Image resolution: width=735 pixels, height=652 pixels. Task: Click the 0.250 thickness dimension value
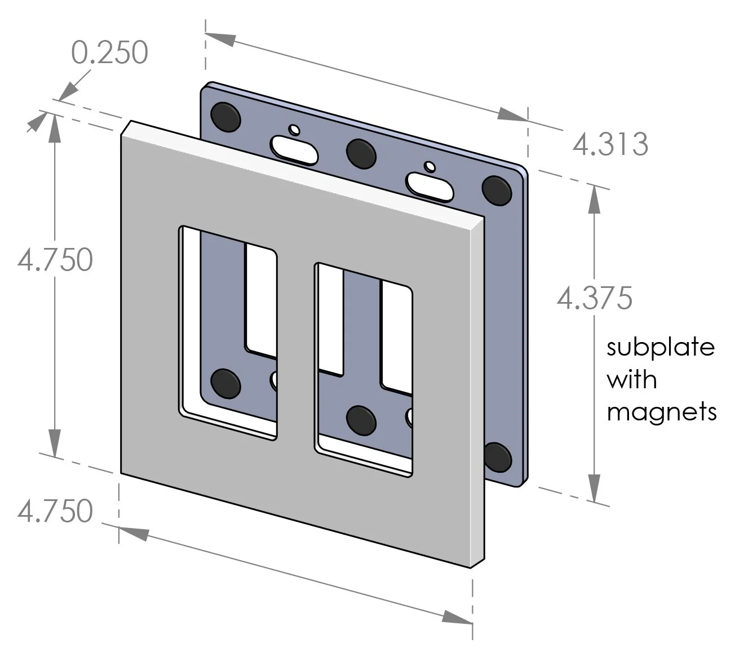point(110,53)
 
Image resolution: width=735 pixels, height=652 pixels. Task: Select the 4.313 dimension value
point(610,145)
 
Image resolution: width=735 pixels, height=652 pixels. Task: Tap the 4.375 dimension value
point(595,298)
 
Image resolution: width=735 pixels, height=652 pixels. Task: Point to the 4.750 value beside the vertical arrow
point(55,260)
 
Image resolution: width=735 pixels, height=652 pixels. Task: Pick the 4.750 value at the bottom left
point(55,512)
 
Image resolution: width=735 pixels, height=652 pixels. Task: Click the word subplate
point(660,347)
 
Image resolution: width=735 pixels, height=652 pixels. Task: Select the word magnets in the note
point(661,413)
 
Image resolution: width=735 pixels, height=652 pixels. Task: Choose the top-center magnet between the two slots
point(361,152)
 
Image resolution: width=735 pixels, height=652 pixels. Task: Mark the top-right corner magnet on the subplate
point(497,189)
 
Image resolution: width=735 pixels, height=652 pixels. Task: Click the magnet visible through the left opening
point(225,383)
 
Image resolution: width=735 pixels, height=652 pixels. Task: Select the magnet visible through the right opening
point(361,419)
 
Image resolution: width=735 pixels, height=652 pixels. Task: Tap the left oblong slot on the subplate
point(294,149)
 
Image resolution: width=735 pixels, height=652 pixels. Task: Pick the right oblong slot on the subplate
point(430,186)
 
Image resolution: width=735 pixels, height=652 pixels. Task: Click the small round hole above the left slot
point(294,129)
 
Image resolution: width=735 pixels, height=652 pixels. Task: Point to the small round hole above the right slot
point(430,166)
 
